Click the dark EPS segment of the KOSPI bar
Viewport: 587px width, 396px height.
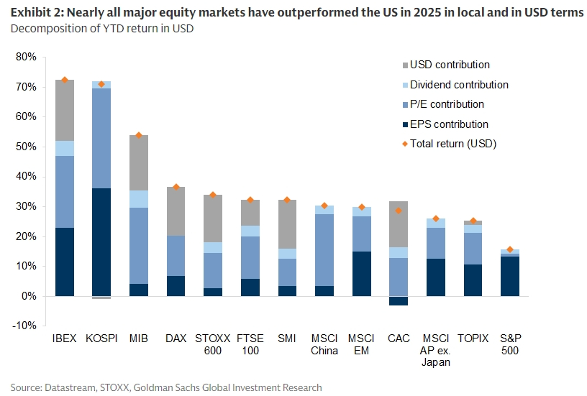101,242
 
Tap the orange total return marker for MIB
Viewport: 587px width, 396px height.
139,135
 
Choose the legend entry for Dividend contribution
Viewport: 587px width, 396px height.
458,85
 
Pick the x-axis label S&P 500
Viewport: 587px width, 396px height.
510,344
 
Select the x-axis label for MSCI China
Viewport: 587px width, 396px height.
324,344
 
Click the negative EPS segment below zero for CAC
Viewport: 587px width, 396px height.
398,301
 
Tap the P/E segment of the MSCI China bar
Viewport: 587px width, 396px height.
324,249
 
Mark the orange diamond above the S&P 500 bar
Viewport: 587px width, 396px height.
510,249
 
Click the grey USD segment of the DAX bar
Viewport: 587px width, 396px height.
176,211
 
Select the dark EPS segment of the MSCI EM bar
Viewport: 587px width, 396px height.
361,274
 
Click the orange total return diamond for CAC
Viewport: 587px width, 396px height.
398,211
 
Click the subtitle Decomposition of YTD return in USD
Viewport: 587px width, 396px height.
101,29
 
